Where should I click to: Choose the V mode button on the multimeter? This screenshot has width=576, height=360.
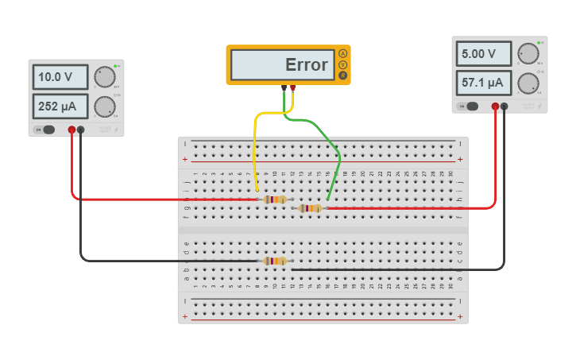click(343, 64)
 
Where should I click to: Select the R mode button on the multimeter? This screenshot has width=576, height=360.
click(343, 75)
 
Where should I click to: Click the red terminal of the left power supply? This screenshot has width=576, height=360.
click(72, 130)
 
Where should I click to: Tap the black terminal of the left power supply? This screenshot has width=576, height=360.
click(81, 130)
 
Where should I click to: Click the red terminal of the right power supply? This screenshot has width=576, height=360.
click(495, 106)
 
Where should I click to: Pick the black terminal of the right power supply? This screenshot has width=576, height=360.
click(504, 106)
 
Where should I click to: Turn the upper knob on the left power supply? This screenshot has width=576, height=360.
click(103, 77)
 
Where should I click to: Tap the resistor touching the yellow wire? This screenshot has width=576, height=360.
click(275, 199)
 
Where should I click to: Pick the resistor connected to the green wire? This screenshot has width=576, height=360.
click(310, 208)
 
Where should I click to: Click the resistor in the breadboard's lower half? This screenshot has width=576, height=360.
click(275, 261)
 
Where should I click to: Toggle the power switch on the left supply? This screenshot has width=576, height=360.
click(47, 130)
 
